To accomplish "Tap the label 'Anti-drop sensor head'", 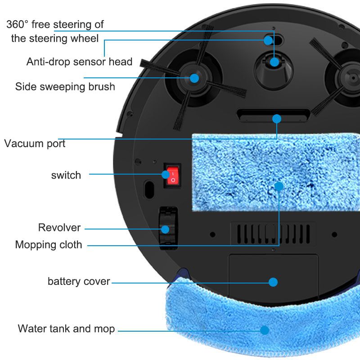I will (79, 62).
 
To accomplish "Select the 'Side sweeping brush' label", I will (65, 86).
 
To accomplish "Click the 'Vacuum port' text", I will (35, 144).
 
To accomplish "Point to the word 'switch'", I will (66, 175).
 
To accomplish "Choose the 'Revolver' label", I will (59, 227).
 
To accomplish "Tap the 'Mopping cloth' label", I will (49, 245).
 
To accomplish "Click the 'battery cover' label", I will (79, 282).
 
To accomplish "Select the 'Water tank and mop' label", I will (66, 328).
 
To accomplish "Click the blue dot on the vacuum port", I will (277, 119).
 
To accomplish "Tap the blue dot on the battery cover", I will (273, 282).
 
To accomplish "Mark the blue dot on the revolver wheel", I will (165, 229).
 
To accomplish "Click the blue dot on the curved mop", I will (265, 330).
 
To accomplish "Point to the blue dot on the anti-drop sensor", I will (268, 40).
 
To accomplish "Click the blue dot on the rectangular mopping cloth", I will (279, 186).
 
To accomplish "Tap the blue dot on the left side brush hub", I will (194, 78).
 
